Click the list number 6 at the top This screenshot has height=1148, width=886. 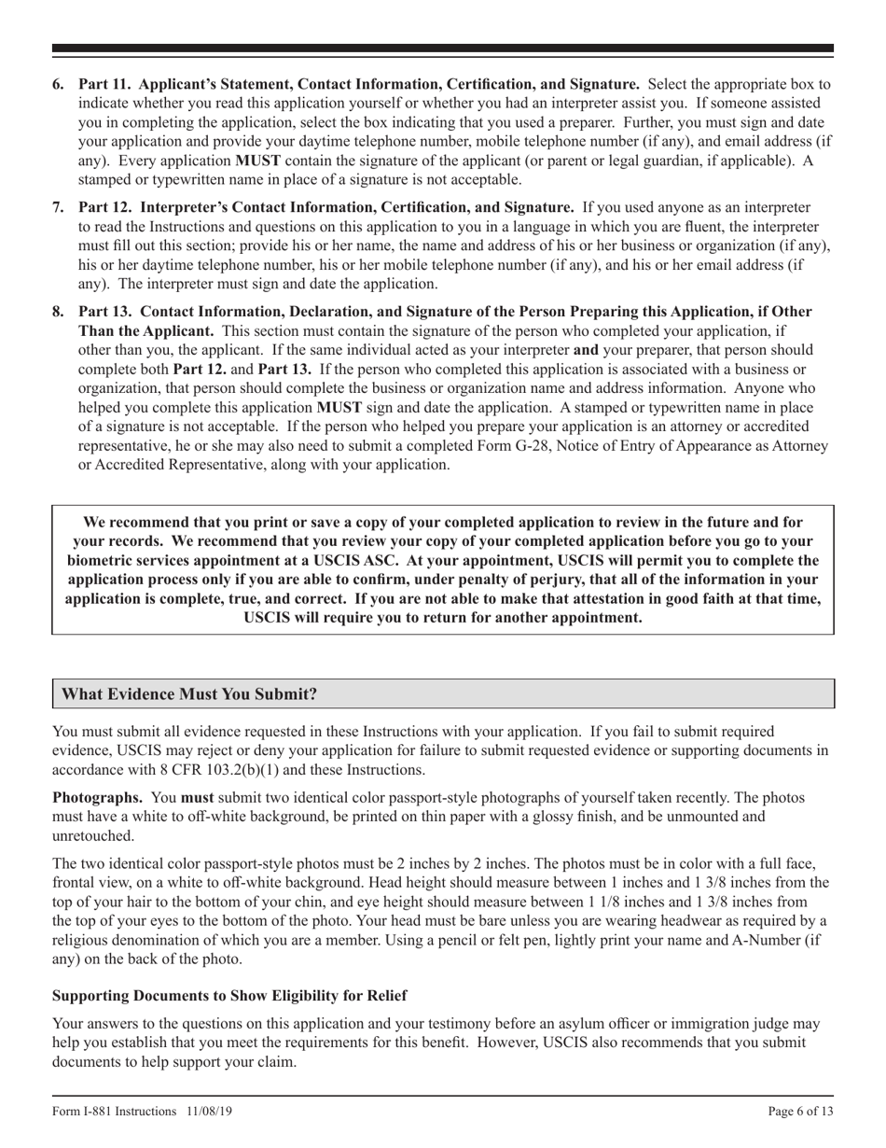tap(58, 85)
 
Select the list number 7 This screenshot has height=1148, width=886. tap(58, 207)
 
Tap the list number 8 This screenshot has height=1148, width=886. tap(58, 312)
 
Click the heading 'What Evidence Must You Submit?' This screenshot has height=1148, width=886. tap(188, 694)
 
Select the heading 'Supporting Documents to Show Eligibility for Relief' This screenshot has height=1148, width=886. tap(229, 995)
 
